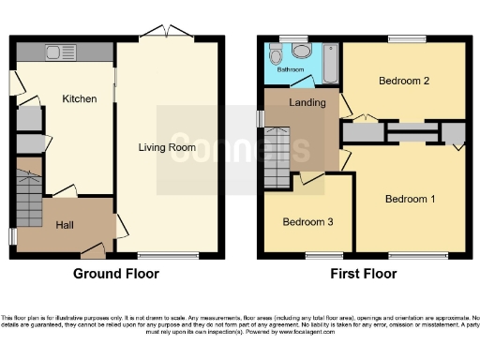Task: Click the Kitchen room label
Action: coord(80,98)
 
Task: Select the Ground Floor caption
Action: coord(116,274)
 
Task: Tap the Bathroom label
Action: coord(290,69)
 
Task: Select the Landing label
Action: coord(307,102)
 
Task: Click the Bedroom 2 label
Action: coord(404,82)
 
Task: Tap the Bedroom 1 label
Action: coord(411,199)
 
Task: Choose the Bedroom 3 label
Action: coord(307,222)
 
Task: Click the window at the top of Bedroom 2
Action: coord(408,38)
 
